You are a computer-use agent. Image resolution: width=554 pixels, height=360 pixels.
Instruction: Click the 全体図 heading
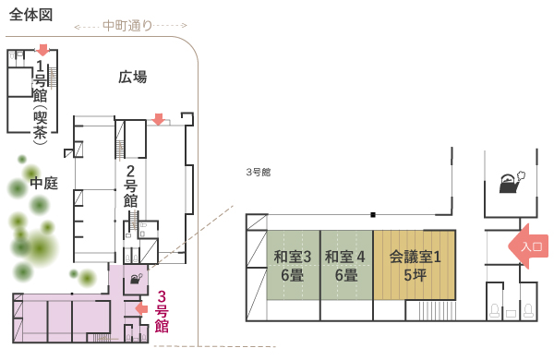30,15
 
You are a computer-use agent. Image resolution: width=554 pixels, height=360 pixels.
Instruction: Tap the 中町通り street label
126,25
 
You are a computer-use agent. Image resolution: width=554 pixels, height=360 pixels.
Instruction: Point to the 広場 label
133,78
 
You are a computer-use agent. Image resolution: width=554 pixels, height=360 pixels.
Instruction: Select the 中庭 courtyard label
43,183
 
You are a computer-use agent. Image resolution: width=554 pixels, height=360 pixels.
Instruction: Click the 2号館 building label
131,185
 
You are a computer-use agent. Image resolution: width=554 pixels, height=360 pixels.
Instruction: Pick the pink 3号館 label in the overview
162,311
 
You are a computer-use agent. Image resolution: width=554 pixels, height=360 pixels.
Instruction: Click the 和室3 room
293,265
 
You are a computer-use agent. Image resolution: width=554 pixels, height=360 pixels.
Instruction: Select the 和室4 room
345,265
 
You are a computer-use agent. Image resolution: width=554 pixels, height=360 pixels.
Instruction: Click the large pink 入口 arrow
529,246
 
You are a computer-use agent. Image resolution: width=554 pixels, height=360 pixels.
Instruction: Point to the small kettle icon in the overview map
136,278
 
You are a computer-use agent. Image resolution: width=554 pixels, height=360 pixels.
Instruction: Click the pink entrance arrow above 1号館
42,50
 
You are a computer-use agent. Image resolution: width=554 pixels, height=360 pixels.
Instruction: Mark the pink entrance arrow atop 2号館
159,119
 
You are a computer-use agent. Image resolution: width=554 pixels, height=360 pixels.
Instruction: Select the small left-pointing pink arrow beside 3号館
141,308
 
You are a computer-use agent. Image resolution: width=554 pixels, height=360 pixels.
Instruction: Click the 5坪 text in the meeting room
414,274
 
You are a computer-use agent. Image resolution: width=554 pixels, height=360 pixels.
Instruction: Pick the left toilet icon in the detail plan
496,312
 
